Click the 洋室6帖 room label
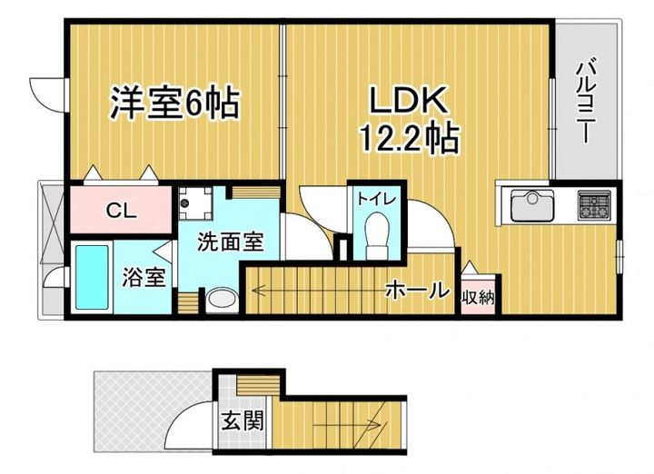(174, 102)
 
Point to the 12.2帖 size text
(406, 139)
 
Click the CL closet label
(121, 212)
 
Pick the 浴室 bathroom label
(144, 276)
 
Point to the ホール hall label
(417, 291)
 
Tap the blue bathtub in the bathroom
(94, 277)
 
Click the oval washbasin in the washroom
(221, 299)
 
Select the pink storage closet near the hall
(479, 291)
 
